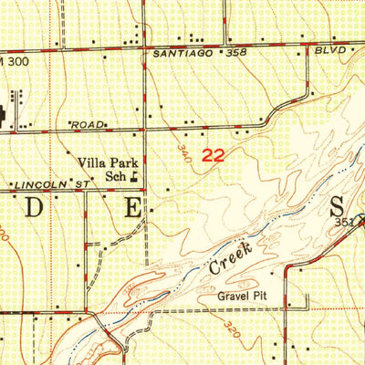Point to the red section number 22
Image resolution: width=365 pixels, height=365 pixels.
coord(213,156)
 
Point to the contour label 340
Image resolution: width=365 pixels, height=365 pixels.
coord(185,150)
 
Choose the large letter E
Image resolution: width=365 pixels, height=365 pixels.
coord(132,207)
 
